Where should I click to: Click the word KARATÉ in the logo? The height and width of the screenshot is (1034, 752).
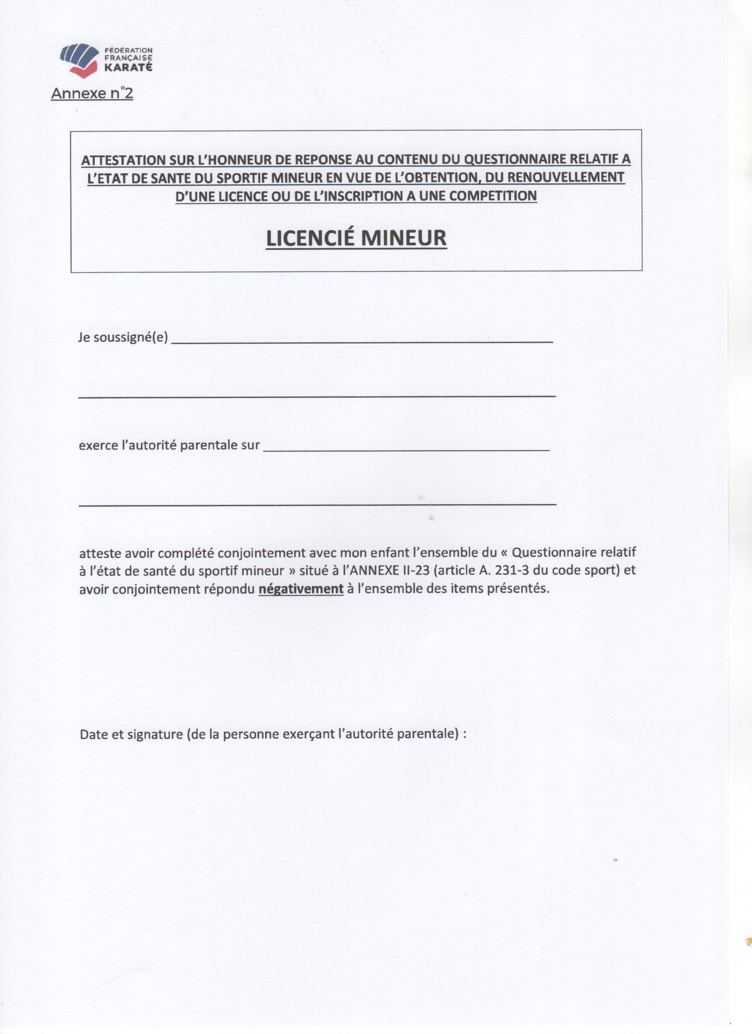tap(128, 67)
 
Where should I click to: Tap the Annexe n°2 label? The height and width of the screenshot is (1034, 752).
tap(92, 93)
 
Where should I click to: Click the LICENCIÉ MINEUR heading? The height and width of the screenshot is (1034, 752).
tap(356, 238)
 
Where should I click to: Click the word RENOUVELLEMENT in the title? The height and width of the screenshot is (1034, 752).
tap(566, 177)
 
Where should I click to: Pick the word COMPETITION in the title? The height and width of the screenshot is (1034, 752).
tap(493, 196)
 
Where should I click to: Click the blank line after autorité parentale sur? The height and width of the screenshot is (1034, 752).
tap(406, 449)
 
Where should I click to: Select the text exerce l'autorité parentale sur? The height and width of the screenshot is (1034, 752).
tap(169, 445)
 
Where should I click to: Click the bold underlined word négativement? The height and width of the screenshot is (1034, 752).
tap(301, 589)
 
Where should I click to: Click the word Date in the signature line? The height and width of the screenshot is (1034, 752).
tap(93, 734)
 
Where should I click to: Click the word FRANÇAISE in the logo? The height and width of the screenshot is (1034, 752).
tap(128, 58)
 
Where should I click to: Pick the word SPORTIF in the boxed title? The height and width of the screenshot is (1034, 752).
tap(238, 178)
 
